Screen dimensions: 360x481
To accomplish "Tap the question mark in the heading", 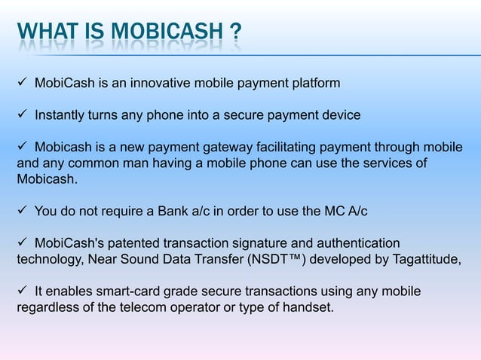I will pyautogui.click(x=235, y=34).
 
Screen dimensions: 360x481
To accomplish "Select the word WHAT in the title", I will pyautogui.click(x=45, y=34).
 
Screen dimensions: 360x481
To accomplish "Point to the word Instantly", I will pyautogui.click(x=62, y=115).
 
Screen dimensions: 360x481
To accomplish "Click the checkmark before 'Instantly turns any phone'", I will pyautogui.click(x=22, y=115).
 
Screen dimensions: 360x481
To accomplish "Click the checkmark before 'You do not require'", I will pyautogui.click(x=22, y=212).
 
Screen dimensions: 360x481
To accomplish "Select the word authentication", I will pyautogui.click(x=357, y=243).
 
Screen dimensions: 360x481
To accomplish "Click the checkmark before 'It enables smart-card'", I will pyautogui.click(x=22, y=291).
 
